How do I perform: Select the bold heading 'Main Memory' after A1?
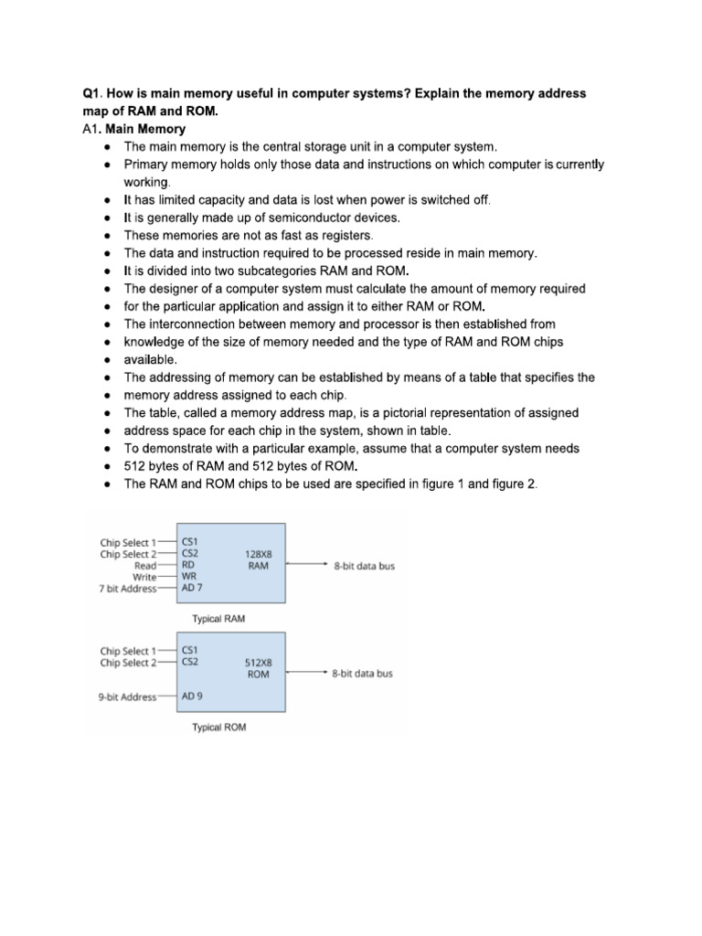click(145, 129)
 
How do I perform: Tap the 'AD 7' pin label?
click(193, 589)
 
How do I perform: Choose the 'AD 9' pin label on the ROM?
click(193, 697)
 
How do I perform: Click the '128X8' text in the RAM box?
click(259, 554)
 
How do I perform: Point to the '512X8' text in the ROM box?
click(259, 662)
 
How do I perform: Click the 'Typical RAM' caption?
click(218, 619)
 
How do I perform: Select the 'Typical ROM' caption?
click(218, 728)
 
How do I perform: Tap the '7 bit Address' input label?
click(127, 589)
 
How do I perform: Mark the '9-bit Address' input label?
click(127, 697)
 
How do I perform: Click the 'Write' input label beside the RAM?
click(144, 577)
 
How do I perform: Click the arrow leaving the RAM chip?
click(305, 566)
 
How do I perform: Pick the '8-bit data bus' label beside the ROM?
click(363, 674)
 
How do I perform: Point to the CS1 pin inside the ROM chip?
click(192, 650)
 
